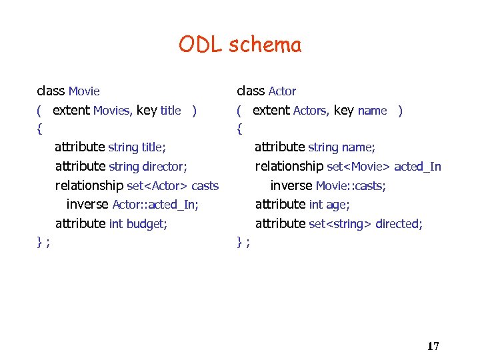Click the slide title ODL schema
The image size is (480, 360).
point(240,45)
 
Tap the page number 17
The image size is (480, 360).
point(433,346)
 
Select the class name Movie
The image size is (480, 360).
point(84,91)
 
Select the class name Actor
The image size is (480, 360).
point(282,91)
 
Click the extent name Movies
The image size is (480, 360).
point(111,111)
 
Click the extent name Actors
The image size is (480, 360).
point(310,111)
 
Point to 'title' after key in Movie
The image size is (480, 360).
point(171,111)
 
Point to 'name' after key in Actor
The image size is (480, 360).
point(372,111)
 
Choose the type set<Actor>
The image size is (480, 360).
point(157,186)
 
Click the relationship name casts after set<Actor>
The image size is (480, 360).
point(205,186)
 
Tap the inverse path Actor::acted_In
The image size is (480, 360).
point(155,205)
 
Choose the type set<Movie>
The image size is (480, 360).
point(359,167)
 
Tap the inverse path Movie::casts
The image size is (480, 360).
point(351,186)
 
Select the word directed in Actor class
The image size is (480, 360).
point(399,224)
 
